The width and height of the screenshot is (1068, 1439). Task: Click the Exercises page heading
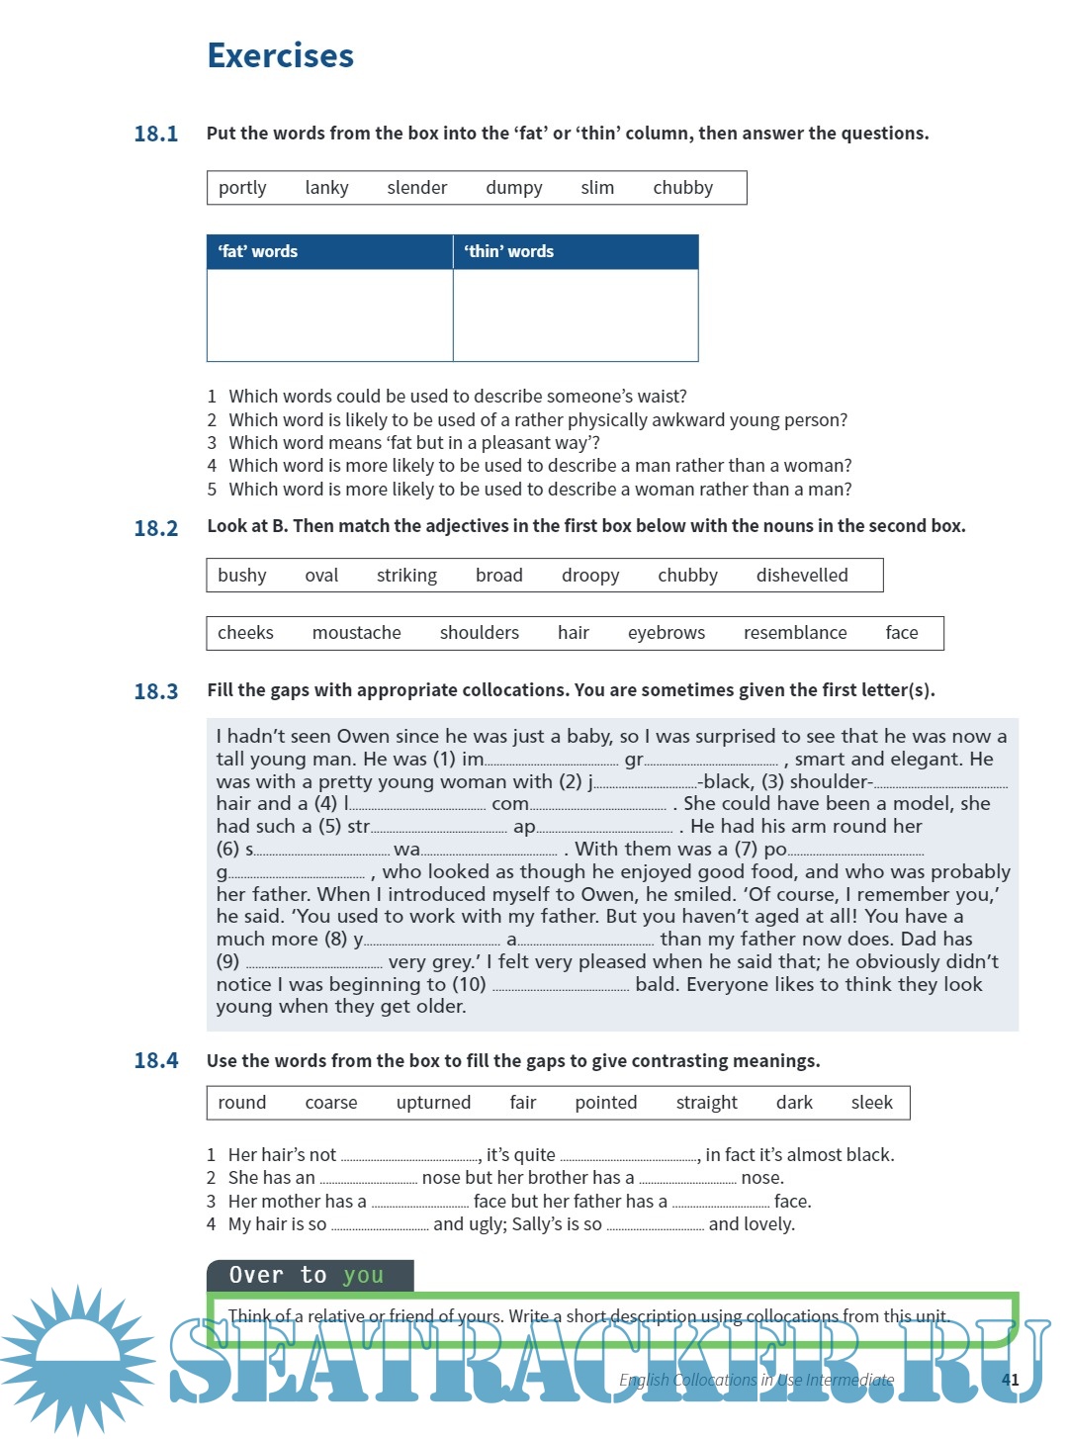point(280,55)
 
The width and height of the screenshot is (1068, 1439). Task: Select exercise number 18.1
point(156,134)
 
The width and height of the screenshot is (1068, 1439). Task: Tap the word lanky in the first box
point(326,188)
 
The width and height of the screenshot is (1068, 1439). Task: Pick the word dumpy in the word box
point(513,188)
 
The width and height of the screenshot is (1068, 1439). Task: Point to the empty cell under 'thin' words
point(576,315)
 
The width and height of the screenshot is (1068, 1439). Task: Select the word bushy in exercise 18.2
point(242,576)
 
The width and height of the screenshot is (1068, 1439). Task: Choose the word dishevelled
point(802,576)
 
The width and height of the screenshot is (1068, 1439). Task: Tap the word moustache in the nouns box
point(356,633)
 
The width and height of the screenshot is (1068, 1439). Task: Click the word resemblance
point(795,633)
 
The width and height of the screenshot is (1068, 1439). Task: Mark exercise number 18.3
point(156,691)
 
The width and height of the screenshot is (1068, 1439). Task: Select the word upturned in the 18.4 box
point(433,1103)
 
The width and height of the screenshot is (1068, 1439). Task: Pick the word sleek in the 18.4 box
point(871,1103)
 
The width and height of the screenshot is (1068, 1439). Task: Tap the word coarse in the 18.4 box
point(331,1103)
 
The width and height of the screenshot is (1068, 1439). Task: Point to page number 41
point(1010,1380)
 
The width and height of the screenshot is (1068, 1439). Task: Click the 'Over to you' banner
point(310,1276)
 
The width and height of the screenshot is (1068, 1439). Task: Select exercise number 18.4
point(156,1061)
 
